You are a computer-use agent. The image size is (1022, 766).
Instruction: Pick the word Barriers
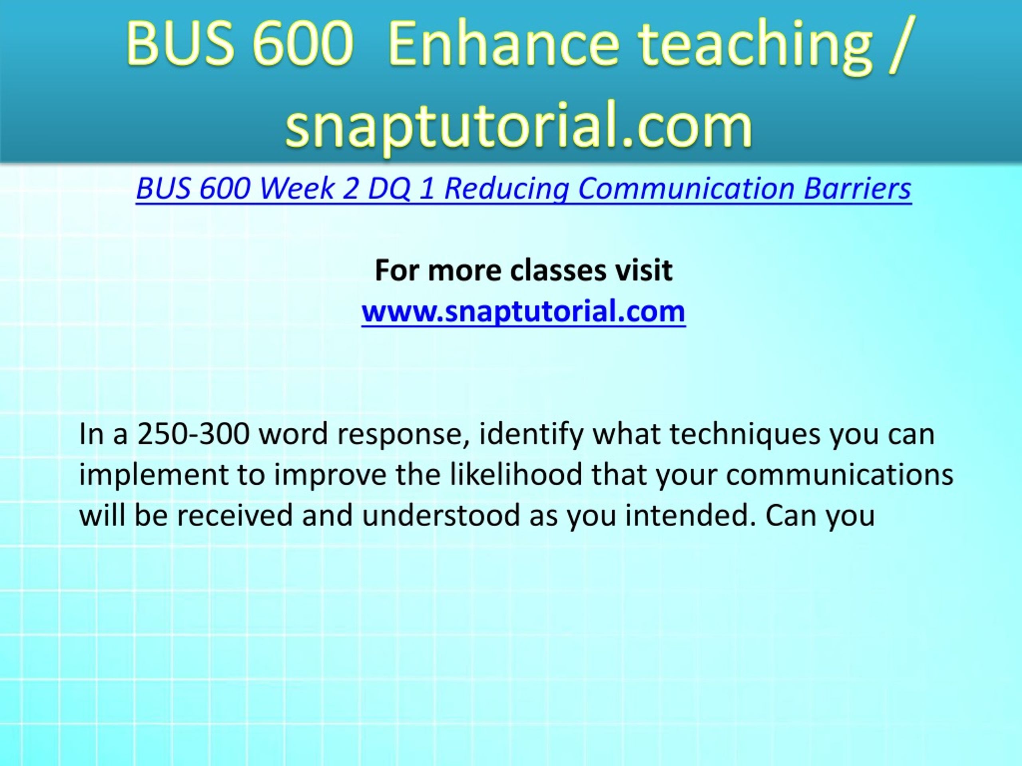(x=858, y=188)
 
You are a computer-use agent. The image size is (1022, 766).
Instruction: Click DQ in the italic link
(x=388, y=189)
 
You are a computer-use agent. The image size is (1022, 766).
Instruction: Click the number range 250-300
(x=194, y=434)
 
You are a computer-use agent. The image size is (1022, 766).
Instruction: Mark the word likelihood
(x=516, y=475)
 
